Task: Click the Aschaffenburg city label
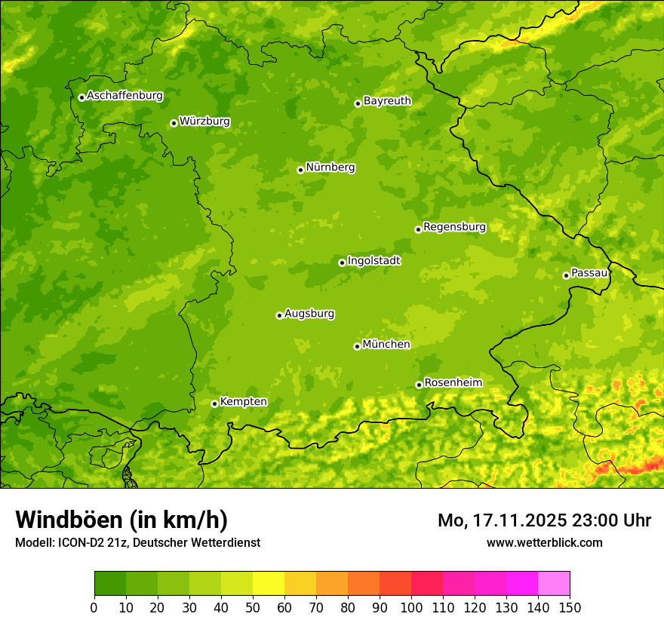(124, 96)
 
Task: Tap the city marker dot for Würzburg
(174, 123)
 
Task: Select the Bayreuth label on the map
(387, 101)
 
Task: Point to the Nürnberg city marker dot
(300, 170)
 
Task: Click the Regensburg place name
(454, 227)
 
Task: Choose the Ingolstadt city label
(373, 261)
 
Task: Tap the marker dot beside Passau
(566, 275)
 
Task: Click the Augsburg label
(309, 314)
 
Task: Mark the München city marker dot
(357, 346)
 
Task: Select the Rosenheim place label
(453, 383)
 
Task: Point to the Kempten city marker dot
(214, 404)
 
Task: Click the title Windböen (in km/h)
(121, 520)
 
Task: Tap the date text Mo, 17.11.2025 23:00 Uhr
(544, 520)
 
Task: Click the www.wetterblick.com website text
(544, 542)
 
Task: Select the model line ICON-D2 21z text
(137, 543)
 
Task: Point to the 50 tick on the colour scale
(253, 607)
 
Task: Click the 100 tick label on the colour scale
(411, 607)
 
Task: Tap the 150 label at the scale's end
(570, 607)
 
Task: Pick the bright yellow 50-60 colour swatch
(269, 584)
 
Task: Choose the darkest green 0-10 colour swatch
(110, 584)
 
